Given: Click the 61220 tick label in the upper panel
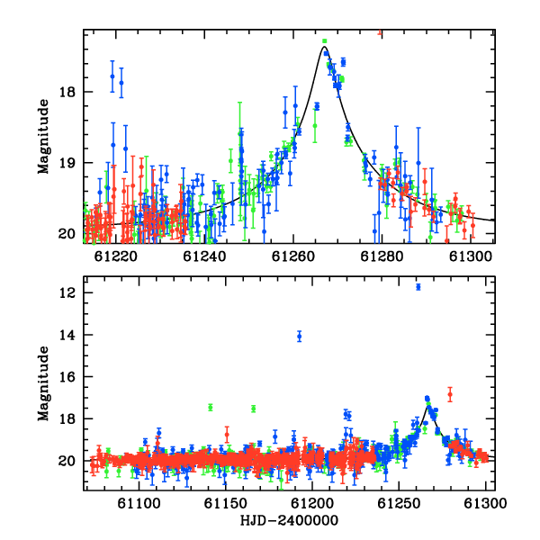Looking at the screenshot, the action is pyautogui.click(x=116, y=256).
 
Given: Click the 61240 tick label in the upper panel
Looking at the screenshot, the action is pyautogui.click(x=204, y=256).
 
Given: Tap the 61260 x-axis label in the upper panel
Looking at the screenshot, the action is pyautogui.click(x=293, y=256).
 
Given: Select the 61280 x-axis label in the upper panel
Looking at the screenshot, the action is pyautogui.click(x=382, y=256).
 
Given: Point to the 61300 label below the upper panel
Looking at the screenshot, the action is pyautogui.click(x=471, y=256).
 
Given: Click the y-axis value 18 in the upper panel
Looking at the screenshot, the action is pyautogui.click(x=67, y=93).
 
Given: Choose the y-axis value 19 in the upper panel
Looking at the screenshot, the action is pyautogui.click(x=67, y=163).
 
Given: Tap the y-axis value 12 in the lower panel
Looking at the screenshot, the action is pyautogui.click(x=67, y=293).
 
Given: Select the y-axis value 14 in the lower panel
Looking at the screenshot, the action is pyautogui.click(x=67, y=335).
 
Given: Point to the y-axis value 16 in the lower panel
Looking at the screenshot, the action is pyautogui.click(x=67, y=377).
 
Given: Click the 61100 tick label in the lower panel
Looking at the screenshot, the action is pyautogui.click(x=139, y=503).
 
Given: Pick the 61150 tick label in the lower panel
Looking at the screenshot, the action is pyautogui.click(x=226, y=503).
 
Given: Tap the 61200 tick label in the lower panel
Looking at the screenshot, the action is pyautogui.click(x=312, y=503).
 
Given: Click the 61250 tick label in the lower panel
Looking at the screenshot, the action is pyautogui.click(x=399, y=503).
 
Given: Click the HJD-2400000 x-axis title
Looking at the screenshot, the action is pyautogui.click(x=289, y=520).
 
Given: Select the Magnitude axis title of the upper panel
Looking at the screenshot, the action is pyautogui.click(x=44, y=137).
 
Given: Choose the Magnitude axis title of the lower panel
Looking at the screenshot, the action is pyautogui.click(x=44, y=383).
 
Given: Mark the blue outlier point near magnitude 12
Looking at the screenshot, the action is pyautogui.click(x=418, y=287).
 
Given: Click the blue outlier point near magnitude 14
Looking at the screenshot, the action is pyautogui.click(x=300, y=336).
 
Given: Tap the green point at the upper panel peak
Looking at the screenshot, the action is pyautogui.click(x=324, y=41).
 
